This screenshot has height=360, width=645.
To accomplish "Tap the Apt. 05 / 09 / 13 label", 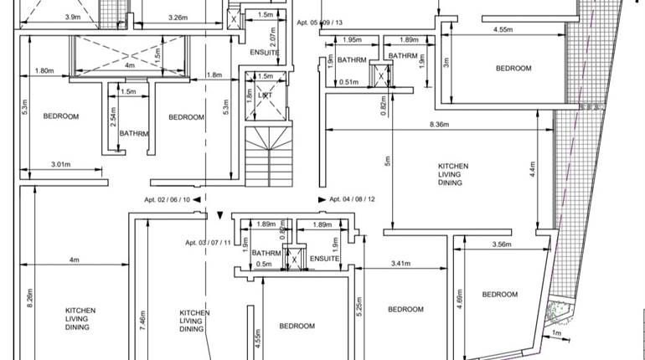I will [319, 23].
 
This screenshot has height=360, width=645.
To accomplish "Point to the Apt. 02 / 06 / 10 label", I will [168, 199].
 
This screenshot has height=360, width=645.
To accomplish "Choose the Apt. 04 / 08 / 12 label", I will [352, 199].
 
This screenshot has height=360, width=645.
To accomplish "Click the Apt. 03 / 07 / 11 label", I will [208, 243].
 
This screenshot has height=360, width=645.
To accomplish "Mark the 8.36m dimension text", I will [438, 125].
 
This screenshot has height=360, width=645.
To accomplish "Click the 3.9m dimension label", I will [73, 17].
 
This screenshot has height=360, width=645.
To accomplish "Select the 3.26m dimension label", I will [177, 17].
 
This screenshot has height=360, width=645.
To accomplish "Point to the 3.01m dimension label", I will [60, 165].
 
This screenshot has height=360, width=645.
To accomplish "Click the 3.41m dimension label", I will [400, 264].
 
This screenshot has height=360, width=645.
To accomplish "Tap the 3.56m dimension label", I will [502, 244].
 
